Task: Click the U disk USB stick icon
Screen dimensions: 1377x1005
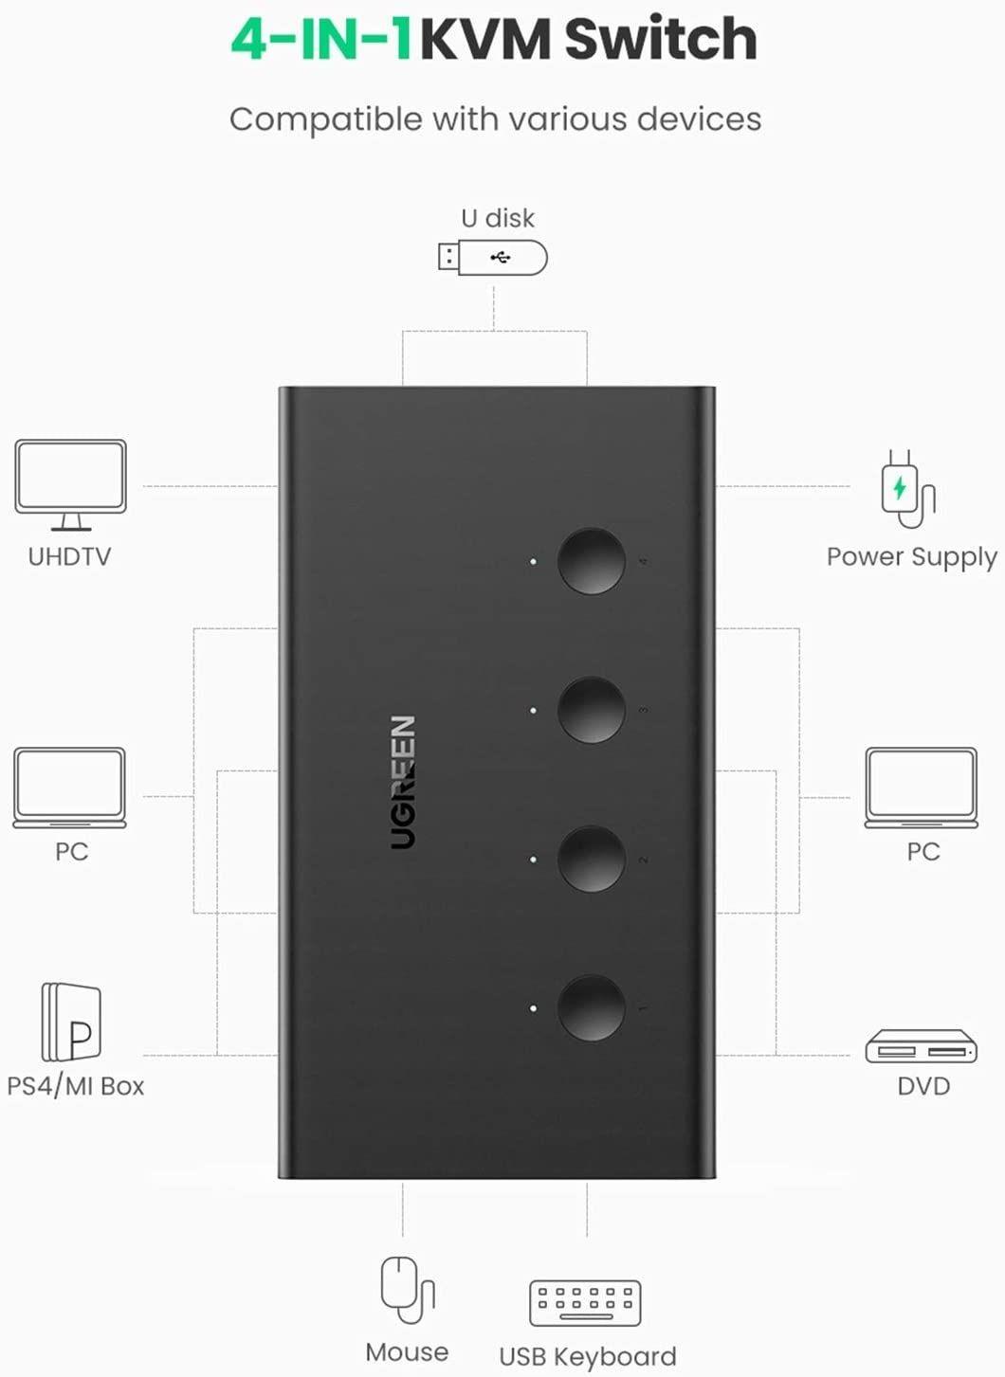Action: pos(492,257)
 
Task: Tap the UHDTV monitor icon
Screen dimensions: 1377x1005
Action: pos(70,483)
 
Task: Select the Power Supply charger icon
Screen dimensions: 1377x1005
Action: pos(907,490)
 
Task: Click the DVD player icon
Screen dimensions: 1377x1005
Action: pos(921,1047)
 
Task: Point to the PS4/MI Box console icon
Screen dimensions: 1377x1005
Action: pos(71,1023)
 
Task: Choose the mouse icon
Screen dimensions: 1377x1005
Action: pos(406,1289)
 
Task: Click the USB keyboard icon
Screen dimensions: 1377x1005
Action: pos(585,1303)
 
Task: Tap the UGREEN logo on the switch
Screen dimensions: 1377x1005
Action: pos(403,782)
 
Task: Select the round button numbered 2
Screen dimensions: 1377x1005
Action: pos(592,859)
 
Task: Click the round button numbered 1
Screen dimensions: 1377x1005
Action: pos(592,1007)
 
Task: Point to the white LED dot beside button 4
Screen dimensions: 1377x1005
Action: pos(534,562)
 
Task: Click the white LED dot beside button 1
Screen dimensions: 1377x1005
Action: pos(534,1008)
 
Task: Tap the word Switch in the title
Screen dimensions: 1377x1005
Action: pos(660,40)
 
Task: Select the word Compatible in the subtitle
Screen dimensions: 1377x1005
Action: pos(325,120)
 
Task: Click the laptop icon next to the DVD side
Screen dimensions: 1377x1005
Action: pos(921,787)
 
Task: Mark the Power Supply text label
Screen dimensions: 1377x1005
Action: pos(911,557)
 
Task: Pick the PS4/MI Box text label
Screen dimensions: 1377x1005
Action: pos(76,1086)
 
